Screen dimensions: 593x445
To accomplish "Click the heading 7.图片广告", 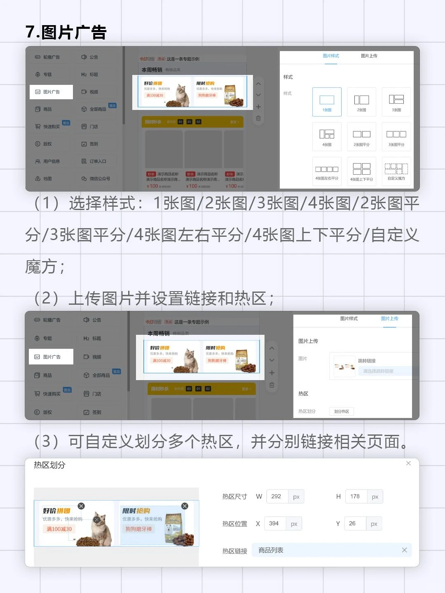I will [x=66, y=32].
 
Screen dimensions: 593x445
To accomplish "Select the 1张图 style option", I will [x=327, y=102].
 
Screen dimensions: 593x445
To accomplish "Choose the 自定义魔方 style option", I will [x=396, y=171].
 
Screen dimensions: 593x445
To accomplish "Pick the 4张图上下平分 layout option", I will [x=361, y=171].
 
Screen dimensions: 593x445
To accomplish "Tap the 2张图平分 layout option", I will [x=361, y=136].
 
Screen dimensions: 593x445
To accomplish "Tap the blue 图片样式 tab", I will [x=330, y=56].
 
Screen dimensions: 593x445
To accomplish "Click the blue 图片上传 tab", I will [x=389, y=319].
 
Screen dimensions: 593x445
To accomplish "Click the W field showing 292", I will [x=277, y=497].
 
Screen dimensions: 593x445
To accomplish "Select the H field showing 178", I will [x=355, y=497].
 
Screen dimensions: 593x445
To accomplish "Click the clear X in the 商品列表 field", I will [x=404, y=550].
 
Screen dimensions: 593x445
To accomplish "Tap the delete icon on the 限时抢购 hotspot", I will [x=185, y=506].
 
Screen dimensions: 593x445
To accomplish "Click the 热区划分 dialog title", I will [x=49, y=465].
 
